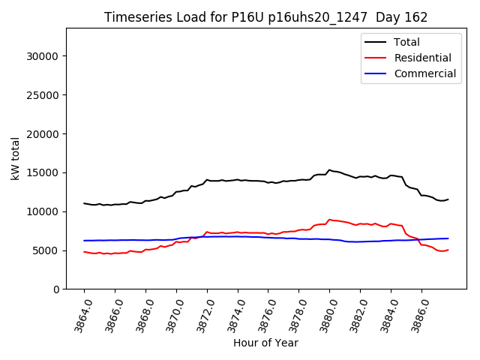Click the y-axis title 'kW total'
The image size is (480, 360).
click(x=15, y=159)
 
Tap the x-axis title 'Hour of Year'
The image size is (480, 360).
click(x=265, y=343)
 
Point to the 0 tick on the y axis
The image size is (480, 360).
click(x=57, y=289)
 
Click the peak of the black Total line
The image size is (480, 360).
click(x=329, y=170)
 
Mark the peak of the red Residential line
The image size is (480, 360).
click(x=329, y=220)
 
